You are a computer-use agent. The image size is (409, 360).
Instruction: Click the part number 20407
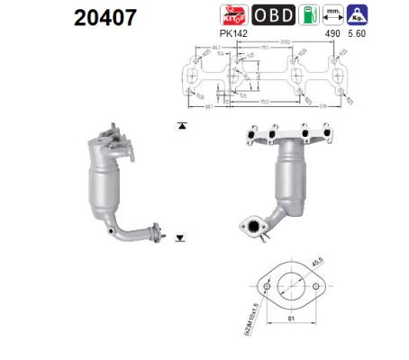pos(59,17)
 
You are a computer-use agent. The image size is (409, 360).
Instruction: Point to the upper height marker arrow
pos(182,126)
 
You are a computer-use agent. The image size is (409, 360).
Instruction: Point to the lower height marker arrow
pos(181,238)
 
